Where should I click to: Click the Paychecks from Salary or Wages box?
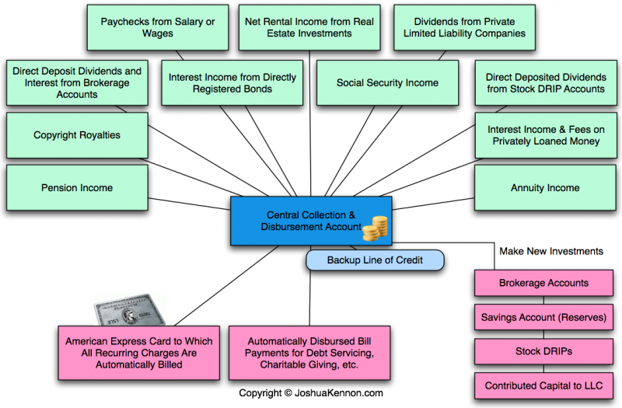coord(158,28)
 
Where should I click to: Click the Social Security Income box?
coord(387,83)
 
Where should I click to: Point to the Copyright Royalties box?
coord(76,135)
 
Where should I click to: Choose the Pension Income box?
coord(76,187)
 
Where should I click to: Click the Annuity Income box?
coord(544,187)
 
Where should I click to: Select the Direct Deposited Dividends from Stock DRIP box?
coord(544,83)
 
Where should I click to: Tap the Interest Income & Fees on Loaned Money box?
coord(544,135)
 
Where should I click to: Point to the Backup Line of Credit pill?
coord(375,260)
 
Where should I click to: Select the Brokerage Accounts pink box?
coord(543,284)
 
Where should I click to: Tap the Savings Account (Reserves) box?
coord(543,317)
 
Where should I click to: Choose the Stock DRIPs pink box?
coord(543,351)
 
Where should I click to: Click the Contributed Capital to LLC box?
coord(543,385)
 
